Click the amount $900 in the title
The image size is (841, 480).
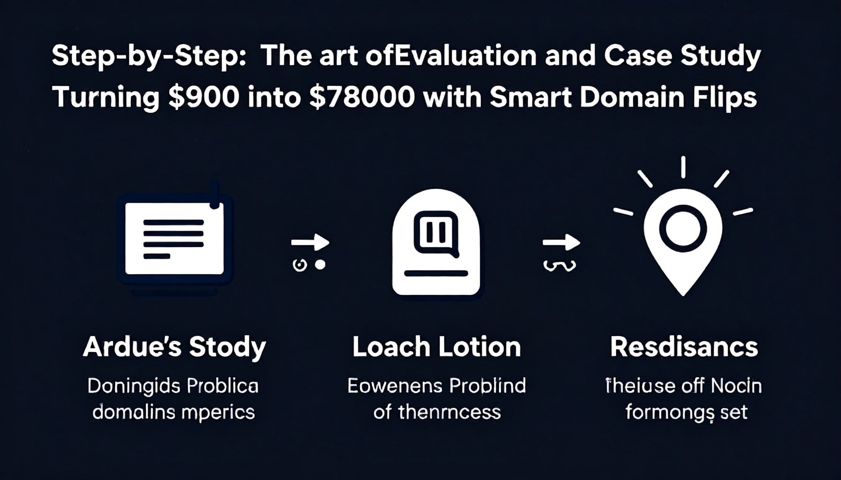click(x=203, y=97)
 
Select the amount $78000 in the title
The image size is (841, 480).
click(x=361, y=97)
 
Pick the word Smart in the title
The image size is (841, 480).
click(x=530, y=97)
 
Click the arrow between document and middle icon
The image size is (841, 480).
click(x=310, y=243)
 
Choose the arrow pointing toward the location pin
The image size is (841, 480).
click(x=561, y=243)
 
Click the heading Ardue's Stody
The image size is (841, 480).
click(x=174, y=347)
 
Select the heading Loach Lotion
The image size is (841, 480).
click(x=436, y=347)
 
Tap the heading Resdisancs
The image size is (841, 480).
click(x=684, y=347)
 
